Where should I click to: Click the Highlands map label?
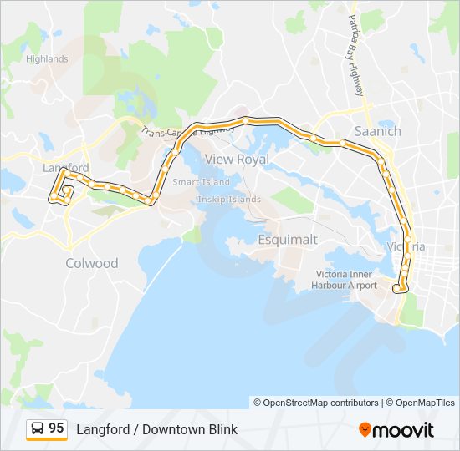click(47, 59)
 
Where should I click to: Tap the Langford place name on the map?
click(65, 168)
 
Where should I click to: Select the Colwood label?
click(92, 263)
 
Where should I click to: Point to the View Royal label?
click(237, 159)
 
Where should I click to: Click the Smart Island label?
click(201, 181)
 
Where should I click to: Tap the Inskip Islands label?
click(229, 199)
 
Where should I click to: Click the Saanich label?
click(378, 131)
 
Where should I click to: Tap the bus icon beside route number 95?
click(38, 429)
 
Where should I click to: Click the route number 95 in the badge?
click(56, 428)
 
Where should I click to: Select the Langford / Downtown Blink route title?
click(157, 429)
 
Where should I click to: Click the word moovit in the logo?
click(404, 429)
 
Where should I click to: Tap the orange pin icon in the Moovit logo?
click(365, 429)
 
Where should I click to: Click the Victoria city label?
click(406, 246)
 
